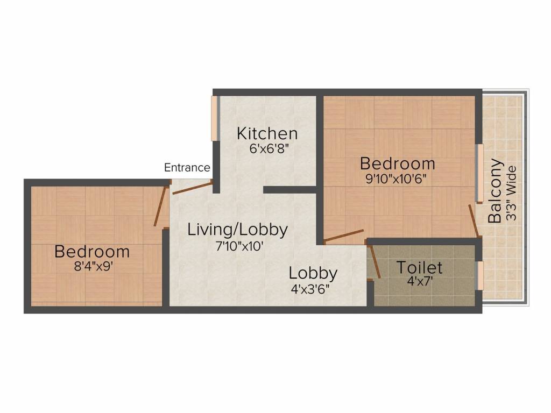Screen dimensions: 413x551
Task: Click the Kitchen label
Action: tap(267, 133)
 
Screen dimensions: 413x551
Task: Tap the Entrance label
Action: tap(187, 168)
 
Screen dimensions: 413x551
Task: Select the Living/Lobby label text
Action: tap(237, 230)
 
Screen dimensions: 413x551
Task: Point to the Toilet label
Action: tap(419, 267)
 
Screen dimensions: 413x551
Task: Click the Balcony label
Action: tap(495, 190)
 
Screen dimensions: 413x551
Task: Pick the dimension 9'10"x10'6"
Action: tap(397, 179)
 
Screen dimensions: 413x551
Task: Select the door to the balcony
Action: tap(474, 220)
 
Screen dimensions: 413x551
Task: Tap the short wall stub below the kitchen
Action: tap(289, 189)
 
